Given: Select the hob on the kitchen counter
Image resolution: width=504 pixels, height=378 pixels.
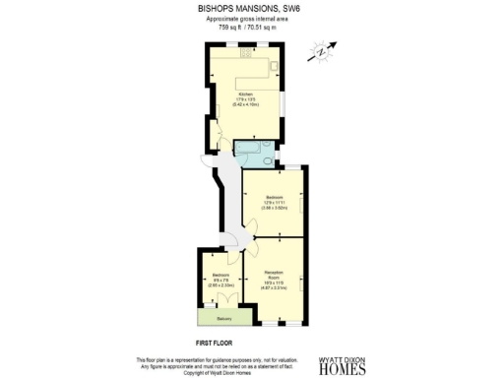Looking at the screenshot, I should (247, 56).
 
